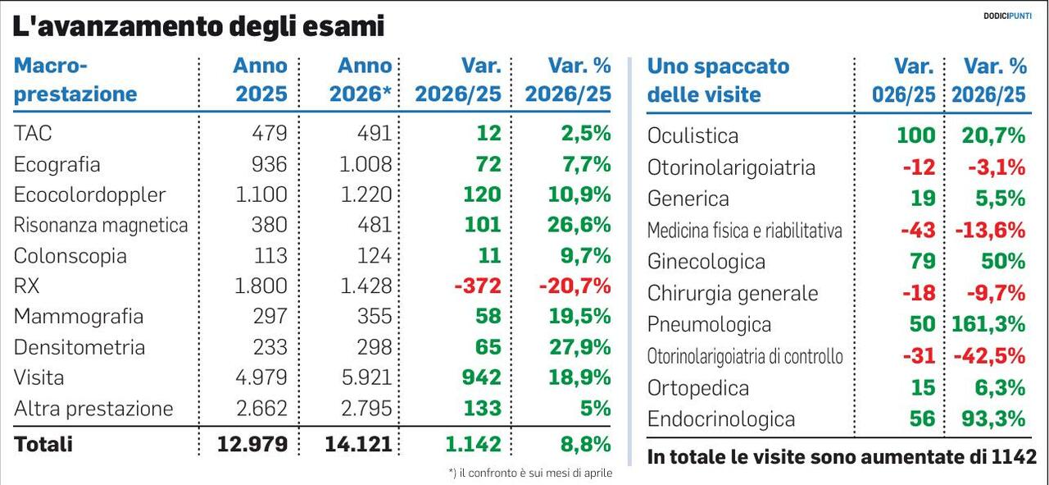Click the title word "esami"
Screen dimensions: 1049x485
click(x=343, y=26)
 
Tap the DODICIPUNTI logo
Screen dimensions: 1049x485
click(x=1007, y=16)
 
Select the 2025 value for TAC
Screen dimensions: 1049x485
click(x=270, y=133)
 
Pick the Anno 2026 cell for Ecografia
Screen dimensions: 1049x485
click(x=366, y=164)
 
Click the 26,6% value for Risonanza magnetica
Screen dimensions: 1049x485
click(x=579, y=225)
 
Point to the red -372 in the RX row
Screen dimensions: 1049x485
click(x=478, y=286)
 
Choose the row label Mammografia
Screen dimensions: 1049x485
click(x=79, y=317)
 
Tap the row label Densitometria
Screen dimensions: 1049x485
click(x=79, y=348)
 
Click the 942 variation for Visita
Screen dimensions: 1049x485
click(x=481, y=377)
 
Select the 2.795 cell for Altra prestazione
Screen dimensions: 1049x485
click(x=366, y=409)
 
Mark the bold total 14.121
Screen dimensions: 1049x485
click(x=358, y=444)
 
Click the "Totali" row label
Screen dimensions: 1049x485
click(x=43, y=444)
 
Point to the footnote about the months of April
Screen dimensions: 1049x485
click(x=530, y=473)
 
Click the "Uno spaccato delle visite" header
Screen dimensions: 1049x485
click(x=719, y=80)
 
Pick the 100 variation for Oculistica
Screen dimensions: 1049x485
click(x=916, y=135)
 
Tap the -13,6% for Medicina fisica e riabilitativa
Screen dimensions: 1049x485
click(x=991, y=231)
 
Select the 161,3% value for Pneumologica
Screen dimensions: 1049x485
click(x=988, y=324)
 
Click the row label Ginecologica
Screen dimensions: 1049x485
click(x=706, y=262)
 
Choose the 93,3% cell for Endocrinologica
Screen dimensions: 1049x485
click(x=994, y=419)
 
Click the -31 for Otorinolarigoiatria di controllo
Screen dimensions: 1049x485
click(x=920, y=356)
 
